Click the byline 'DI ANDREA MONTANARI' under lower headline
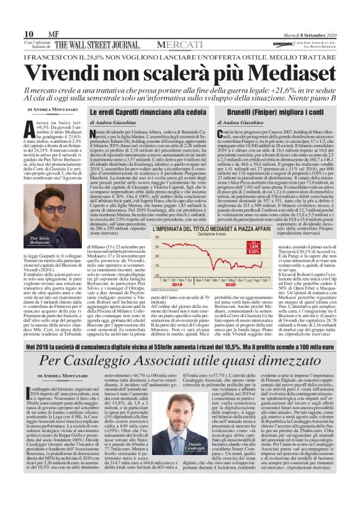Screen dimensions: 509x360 (63, 376)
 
